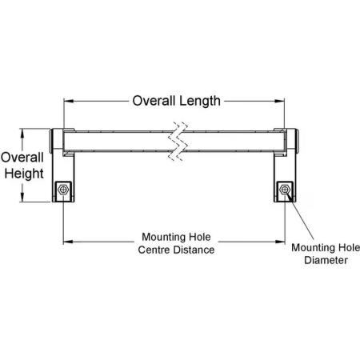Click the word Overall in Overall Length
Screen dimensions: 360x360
click(x=154, y=101)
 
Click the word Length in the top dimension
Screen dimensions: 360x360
click(x=200, y=102)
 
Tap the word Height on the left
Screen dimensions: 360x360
click(x=24, y=174)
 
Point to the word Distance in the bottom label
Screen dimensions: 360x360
click(x=194, y=250)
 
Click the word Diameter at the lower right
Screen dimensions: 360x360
click(x=326, y=260)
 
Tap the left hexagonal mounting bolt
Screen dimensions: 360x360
click(x=63, y=190)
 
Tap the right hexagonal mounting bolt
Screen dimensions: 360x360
click(x=285, y=190)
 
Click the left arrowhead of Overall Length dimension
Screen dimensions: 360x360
click(x=69, y=101)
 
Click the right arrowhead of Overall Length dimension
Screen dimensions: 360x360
click(x=279, y=101)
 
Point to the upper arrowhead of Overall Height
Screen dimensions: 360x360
click(x=22, y=134)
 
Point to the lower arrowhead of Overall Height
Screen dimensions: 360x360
click(x=22, y=197)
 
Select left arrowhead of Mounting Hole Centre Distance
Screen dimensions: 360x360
click(x=68, y=242)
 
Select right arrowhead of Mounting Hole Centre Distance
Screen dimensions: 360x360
click(x=280, y=242)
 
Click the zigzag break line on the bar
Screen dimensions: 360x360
click(x=178, y=142)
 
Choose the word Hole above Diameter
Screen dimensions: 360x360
click(x=349, y=248)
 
